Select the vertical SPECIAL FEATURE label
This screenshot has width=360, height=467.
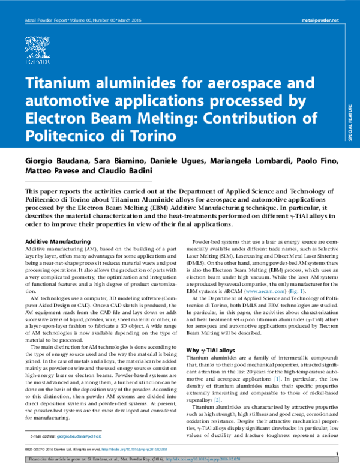point(350,123)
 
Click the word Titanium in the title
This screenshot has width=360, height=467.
point(61,82)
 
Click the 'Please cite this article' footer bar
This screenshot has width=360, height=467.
point(180,459)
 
